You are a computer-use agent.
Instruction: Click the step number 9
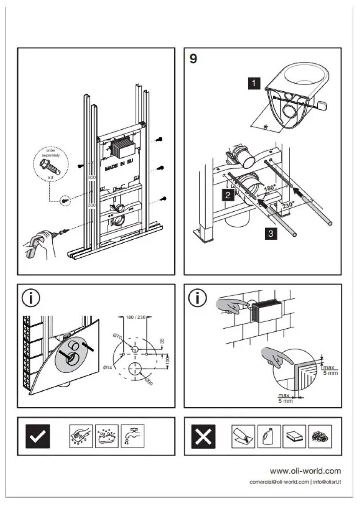point(193,59)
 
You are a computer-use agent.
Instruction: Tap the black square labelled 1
point(254,82)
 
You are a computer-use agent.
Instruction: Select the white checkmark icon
point(38,436)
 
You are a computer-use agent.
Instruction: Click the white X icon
point(203,436)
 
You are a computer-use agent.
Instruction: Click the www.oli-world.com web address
point(305,471)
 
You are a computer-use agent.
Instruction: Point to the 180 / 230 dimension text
point(136,317)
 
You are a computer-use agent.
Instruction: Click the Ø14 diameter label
point(107,367)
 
